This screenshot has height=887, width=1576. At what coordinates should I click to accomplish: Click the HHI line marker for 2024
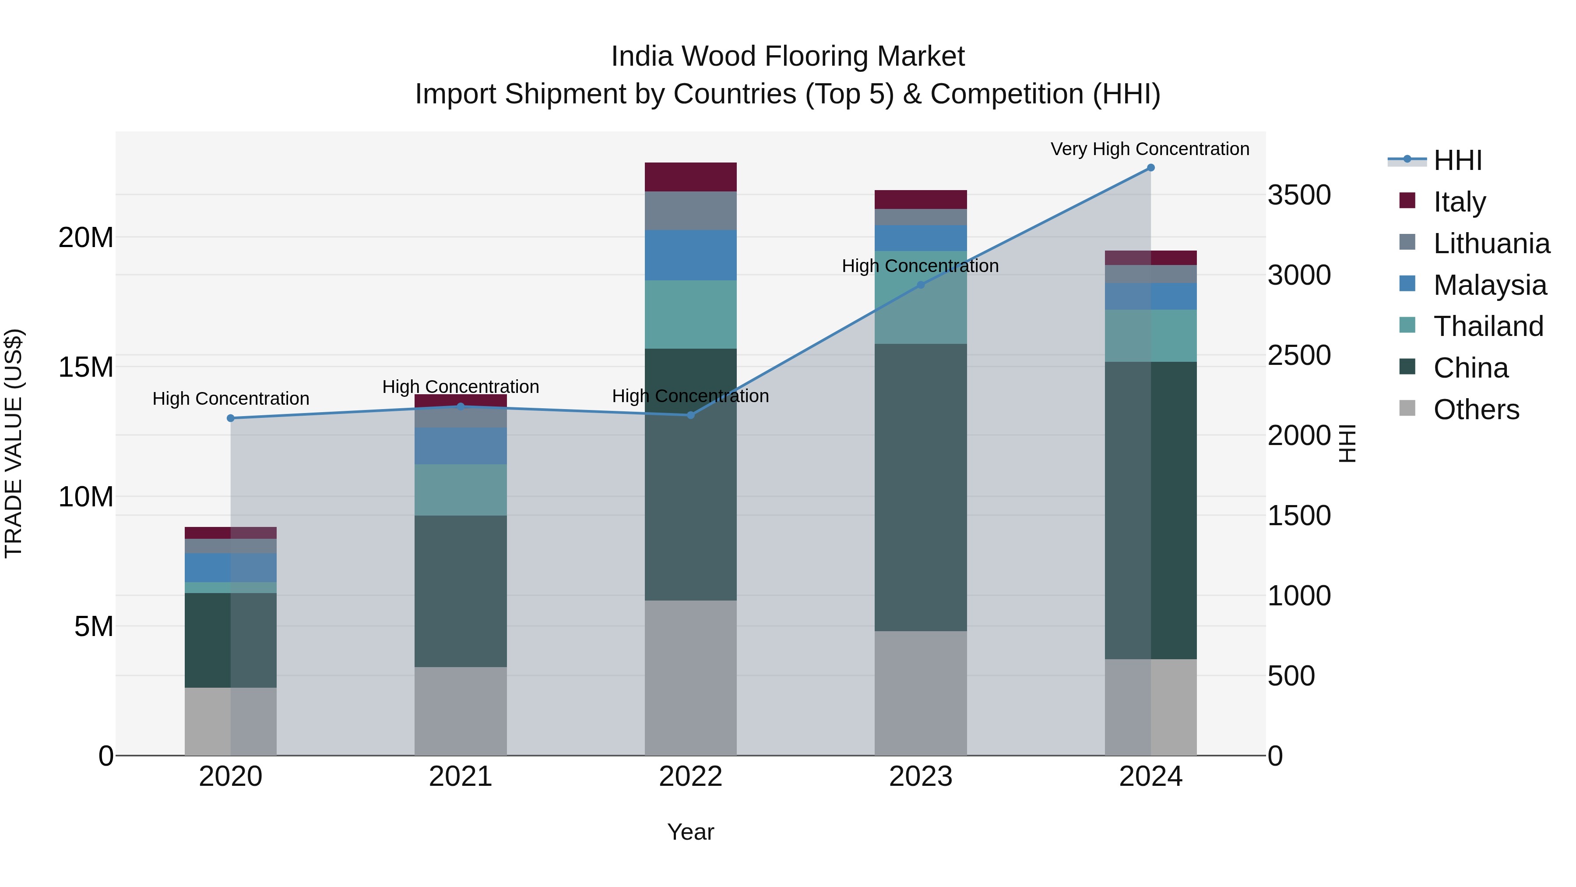click(1150, 168)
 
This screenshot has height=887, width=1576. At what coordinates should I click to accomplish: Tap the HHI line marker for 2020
click(231, 418)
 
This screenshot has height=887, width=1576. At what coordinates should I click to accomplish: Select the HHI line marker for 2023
click(921, 285)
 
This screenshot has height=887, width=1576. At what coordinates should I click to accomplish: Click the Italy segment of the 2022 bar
click(691, 177)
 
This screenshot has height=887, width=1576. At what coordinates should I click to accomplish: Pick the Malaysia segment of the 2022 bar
click(691, 255)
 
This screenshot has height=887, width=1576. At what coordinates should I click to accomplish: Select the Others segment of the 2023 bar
click(921, 693)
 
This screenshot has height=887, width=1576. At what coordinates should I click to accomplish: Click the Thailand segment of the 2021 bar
click(461, 490)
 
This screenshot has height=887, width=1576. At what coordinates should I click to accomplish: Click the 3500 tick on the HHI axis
click(1299, 195)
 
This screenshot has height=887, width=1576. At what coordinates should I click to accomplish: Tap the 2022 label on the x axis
click(691, 777)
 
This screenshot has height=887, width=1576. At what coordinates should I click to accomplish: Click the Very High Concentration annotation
click(1150, 149)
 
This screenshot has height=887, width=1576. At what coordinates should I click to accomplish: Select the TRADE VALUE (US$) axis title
click(14, 443)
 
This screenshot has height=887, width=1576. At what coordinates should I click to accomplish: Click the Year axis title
click(691, 832)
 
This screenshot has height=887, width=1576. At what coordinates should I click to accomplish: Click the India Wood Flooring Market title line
click(788, 57)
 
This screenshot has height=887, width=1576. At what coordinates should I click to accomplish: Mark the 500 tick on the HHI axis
click(1291, 676)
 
